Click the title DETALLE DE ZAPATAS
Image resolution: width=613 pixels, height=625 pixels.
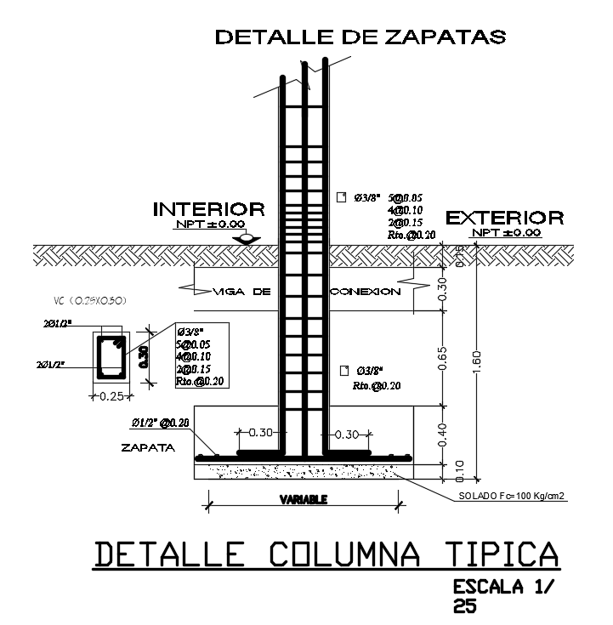coord(360,37)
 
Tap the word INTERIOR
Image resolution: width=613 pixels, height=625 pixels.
coord(208,209)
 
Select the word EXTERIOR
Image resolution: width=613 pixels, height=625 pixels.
coord(504,218)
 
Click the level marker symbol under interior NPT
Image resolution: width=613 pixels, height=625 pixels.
coord(247,239)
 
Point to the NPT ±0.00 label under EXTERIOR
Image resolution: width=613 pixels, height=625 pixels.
coord(507,232)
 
